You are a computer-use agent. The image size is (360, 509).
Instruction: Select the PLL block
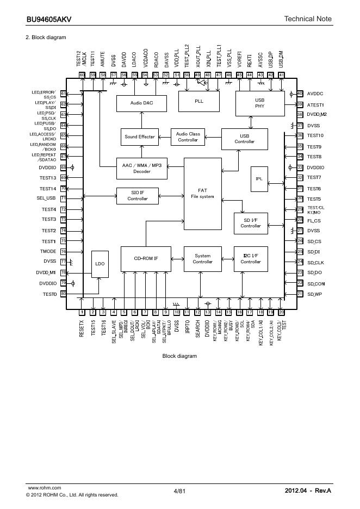[x=198, y=101]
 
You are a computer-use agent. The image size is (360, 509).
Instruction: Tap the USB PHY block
[x=259, y=103]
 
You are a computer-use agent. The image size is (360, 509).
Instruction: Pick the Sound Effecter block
[x=139, y=137]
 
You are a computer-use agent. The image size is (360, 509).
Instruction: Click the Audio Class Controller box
[x=188, y=137]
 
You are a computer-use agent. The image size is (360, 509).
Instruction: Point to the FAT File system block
[x=202, y=193]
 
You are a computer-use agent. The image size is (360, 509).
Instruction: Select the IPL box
[x=259, y=178]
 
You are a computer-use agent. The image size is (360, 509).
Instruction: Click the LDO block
[x=100, y=264]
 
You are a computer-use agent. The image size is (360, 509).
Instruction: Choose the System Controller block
[x=202, y=259]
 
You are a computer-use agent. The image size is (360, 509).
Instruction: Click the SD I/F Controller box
[x=251, y=222]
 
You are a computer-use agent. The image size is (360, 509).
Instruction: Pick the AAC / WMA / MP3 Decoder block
[x=142, y=167]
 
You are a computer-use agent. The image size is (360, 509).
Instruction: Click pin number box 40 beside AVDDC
[x=300, y=94]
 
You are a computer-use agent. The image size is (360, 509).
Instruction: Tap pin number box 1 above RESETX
[x=82, y=312]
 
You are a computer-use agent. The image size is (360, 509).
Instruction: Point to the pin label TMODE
[x=48, y=251]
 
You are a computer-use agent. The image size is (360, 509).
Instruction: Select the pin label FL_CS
[x=314, y=220]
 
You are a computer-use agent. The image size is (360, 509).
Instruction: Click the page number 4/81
[x=179, y=491]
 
